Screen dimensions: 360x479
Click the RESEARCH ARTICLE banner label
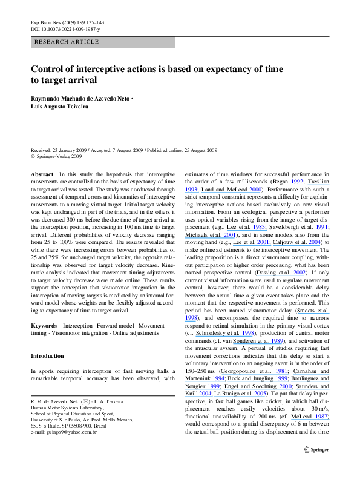(x=67, y=42)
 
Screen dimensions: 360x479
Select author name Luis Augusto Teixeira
(x=59, y=106)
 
